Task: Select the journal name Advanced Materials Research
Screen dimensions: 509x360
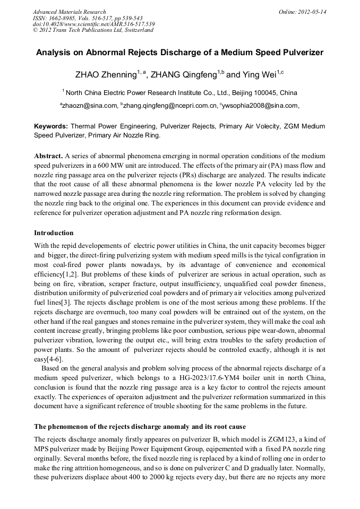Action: click(69, 12)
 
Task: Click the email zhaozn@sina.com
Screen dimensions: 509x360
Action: click(90, 106)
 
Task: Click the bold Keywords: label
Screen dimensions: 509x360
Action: click(51, 127)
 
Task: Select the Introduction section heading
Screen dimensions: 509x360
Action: click(54, 233)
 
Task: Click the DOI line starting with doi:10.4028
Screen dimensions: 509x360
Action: click(94, 24)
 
